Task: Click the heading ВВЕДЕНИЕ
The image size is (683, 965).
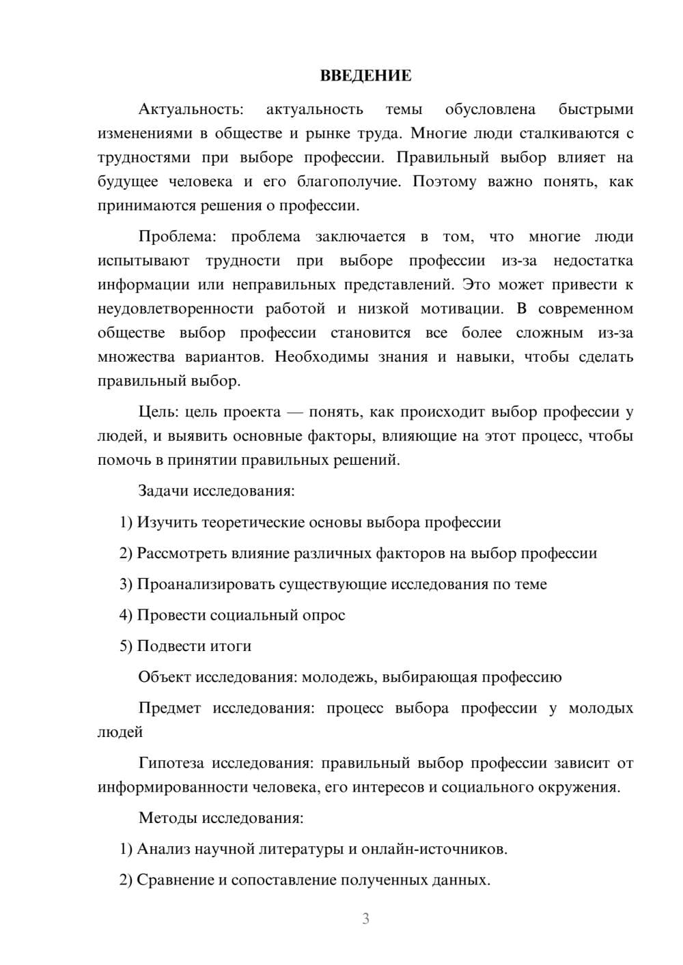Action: pos(365,76)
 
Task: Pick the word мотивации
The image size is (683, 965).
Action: pos(462,309)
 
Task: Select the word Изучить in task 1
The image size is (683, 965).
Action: pos(165,523)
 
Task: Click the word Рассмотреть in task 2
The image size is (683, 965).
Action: pos(179,553)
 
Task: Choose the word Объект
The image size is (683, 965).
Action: pos(165,678)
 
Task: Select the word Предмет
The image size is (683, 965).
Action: pos(169,708)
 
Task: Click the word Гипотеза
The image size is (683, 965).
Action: pos(172,764)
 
